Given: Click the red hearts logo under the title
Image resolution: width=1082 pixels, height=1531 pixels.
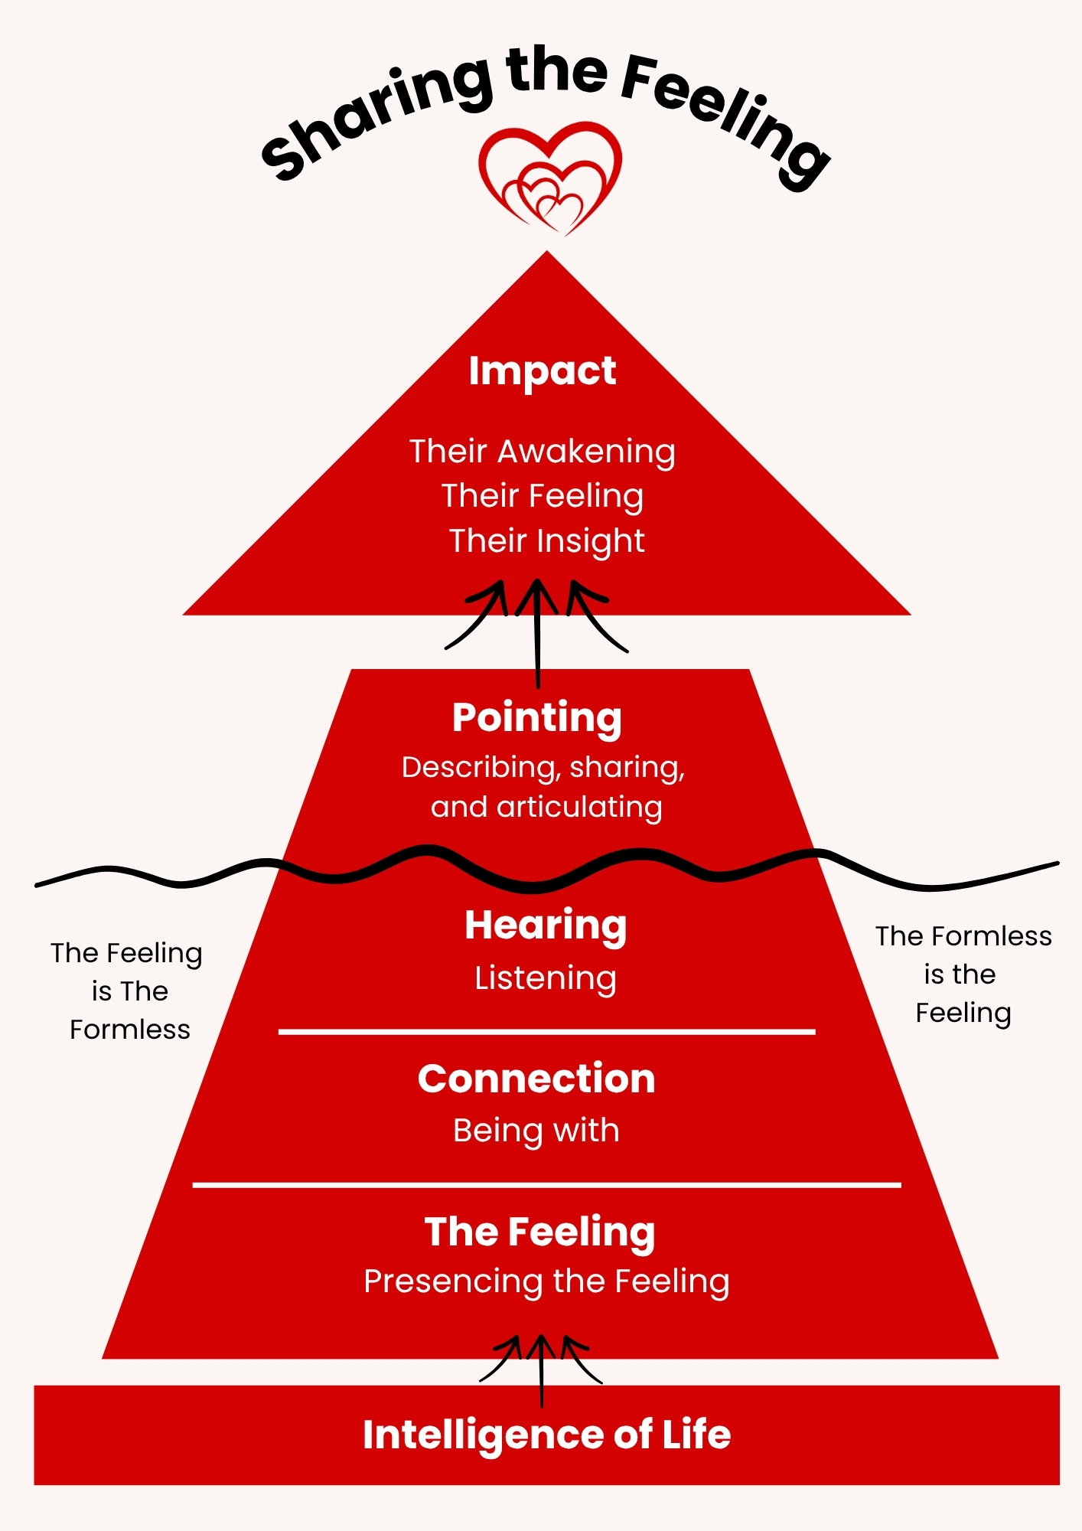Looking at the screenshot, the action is (549, 178).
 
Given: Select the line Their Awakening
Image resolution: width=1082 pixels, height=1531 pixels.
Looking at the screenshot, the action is (542, 452).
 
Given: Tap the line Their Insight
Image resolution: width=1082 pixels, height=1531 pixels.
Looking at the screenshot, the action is (546, 541).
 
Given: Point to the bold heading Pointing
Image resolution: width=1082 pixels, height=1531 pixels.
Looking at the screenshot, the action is (536, 719).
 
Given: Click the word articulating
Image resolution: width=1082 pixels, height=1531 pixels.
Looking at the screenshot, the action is (579, 808).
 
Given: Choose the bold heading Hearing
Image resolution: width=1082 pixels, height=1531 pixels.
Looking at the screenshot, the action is (546, 926).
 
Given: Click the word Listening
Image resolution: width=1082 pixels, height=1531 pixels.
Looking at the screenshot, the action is (546, 979).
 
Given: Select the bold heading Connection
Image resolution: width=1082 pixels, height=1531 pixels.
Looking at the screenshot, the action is (536, 1079).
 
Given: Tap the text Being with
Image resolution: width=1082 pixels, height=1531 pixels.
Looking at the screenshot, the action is (536, 1131).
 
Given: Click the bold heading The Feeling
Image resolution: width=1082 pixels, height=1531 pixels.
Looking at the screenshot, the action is (539, 1232).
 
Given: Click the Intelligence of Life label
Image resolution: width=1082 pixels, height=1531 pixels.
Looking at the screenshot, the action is (546, 1435).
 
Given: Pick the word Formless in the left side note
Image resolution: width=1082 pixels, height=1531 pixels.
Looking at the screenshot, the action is (129, 1030).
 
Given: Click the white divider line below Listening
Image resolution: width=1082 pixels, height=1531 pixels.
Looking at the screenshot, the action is (546, 1032).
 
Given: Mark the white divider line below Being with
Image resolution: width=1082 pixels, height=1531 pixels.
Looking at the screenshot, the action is (546, 1185).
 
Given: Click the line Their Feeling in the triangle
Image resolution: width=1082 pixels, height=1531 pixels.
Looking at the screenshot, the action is (542, 497).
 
